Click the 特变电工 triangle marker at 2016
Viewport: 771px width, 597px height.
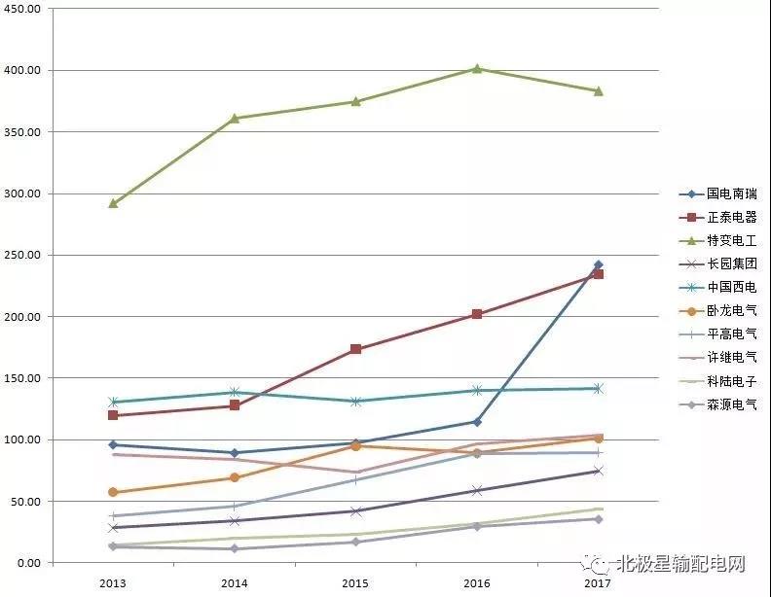coord(477,68)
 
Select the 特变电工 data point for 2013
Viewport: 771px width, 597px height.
coord(113,203)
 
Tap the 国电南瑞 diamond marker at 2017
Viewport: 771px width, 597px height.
coord(598,264)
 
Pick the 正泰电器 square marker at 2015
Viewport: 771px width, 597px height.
coord(356,349)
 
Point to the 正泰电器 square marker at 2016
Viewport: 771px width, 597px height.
coord(477,314)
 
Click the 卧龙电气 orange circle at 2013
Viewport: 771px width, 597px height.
coord(113,492)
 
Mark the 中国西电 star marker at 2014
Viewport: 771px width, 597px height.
coord(235,392)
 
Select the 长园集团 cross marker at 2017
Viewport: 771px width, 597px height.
coord(598,471)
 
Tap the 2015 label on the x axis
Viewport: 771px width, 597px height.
coord(356,582)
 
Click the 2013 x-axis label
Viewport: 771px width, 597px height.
coord(113,582)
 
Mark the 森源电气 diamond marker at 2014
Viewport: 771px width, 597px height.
coord(235,548)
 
